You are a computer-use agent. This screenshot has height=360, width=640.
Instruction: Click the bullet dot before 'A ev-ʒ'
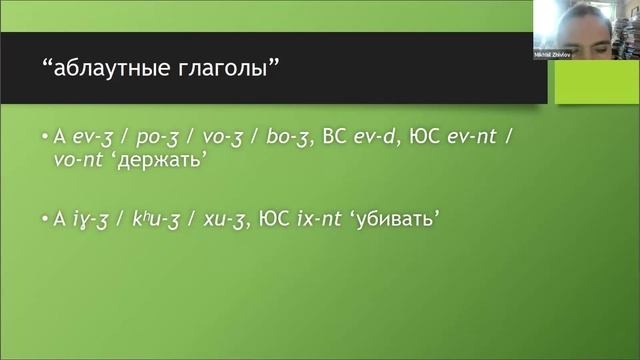(x=45, y=137)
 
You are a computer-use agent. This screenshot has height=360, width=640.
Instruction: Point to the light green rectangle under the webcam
(x=597, y=79)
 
